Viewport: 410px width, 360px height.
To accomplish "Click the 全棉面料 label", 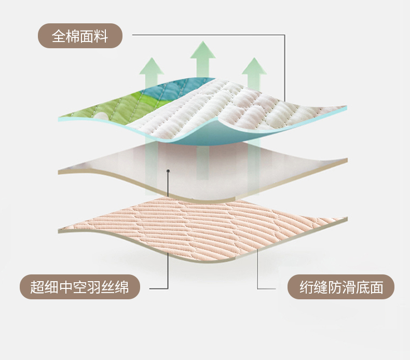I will [x=80, y=37].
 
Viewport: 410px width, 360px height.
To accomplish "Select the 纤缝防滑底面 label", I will [x=341, y=287].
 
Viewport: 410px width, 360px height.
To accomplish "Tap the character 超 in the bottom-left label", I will [x=37, y=287].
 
